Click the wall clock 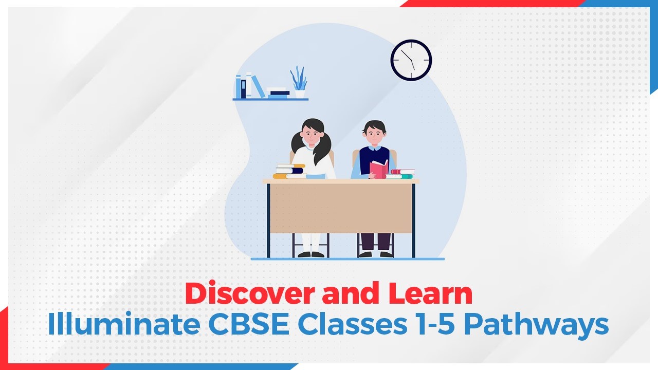pos(411,60)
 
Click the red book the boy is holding pos(379,169)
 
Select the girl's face pos(313,135)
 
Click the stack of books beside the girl pos(290,172)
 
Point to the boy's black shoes pos(376,254)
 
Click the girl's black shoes pos(311,254)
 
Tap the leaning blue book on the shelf pos(259,86)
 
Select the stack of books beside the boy pos(401,174)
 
